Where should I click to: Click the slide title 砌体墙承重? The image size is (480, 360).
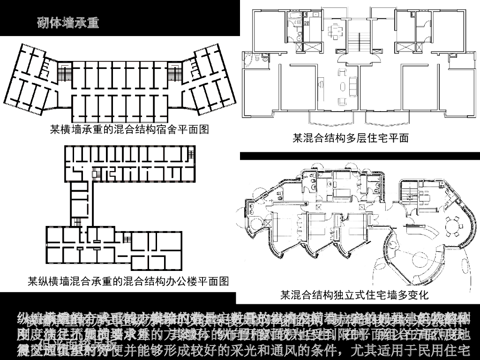point(68,22)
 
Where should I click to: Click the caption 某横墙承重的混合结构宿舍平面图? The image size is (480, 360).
point(129,129)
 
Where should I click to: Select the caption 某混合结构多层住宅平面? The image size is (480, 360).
point(351,138)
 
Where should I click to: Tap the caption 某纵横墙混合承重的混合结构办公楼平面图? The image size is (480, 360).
point(128,281)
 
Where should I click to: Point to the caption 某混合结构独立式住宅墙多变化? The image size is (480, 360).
point(354,295)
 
